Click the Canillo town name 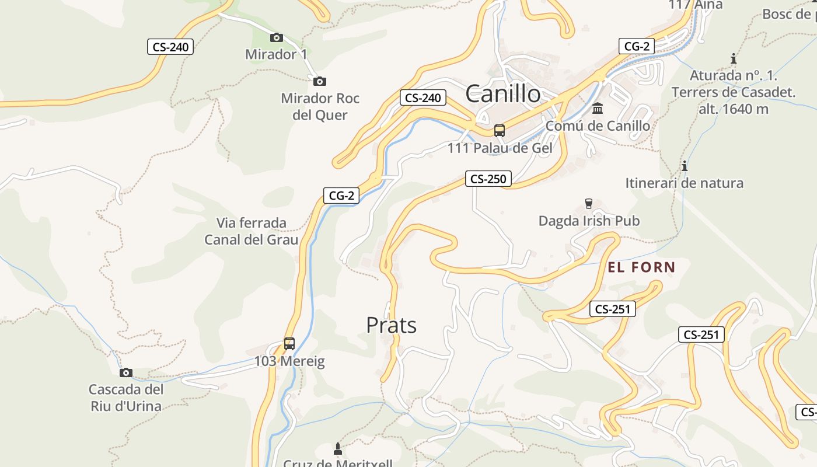click(x=503, y=93)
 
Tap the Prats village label click(x=391, y=325)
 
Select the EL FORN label click(x=641, y=268)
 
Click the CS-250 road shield click(x=488, y=179)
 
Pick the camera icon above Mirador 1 click(x=277, y=38)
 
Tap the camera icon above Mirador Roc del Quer click(x=319, y=82)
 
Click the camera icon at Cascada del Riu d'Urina click(x=125, y=373)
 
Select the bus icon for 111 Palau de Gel click(x=500, y=131)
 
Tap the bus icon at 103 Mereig click(x=289, y=344)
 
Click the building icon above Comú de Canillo click(x=598, y=109)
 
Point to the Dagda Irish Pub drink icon click(x=588, y=204)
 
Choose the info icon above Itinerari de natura click(x=684, y=166)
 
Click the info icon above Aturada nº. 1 click(x=733, y=59)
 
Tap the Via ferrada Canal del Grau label click(x=251, y=231)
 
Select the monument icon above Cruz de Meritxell click(x=337, y=449)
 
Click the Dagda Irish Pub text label click(x=588, y=221)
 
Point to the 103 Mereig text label click(x=289, y=361)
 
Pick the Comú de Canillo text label click(x=598, y=126)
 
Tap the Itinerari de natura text click(x=684, y=183)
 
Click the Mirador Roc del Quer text click(x=320, y=106)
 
